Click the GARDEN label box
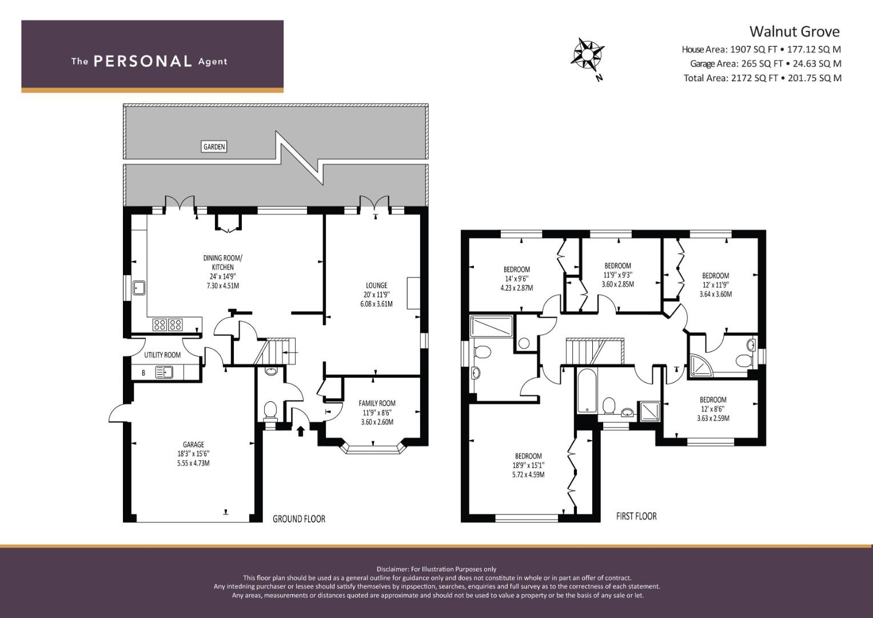(x=214, y=146)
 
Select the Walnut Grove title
(x=795, y=31)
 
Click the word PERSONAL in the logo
(x=143, y=61)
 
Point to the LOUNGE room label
(x=377, y=285)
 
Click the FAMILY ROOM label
(x=377, y=403)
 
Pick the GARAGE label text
(x=193, y=445)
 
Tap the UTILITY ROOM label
(x=162, y=355)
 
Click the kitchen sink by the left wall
(x=139, y=288)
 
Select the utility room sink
(x=165, y=372)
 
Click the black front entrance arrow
(x=301, y=431)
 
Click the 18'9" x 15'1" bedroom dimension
(x=528, y=465)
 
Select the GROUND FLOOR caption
(x=299, y=519)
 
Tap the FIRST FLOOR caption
(x=636, y=516)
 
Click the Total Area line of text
(x=762, y=78)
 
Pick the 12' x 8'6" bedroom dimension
(x=713, y=409)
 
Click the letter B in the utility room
(x=143, y=373)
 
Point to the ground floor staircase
(x=275, y=351)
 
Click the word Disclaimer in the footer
(x=392, y=569)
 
